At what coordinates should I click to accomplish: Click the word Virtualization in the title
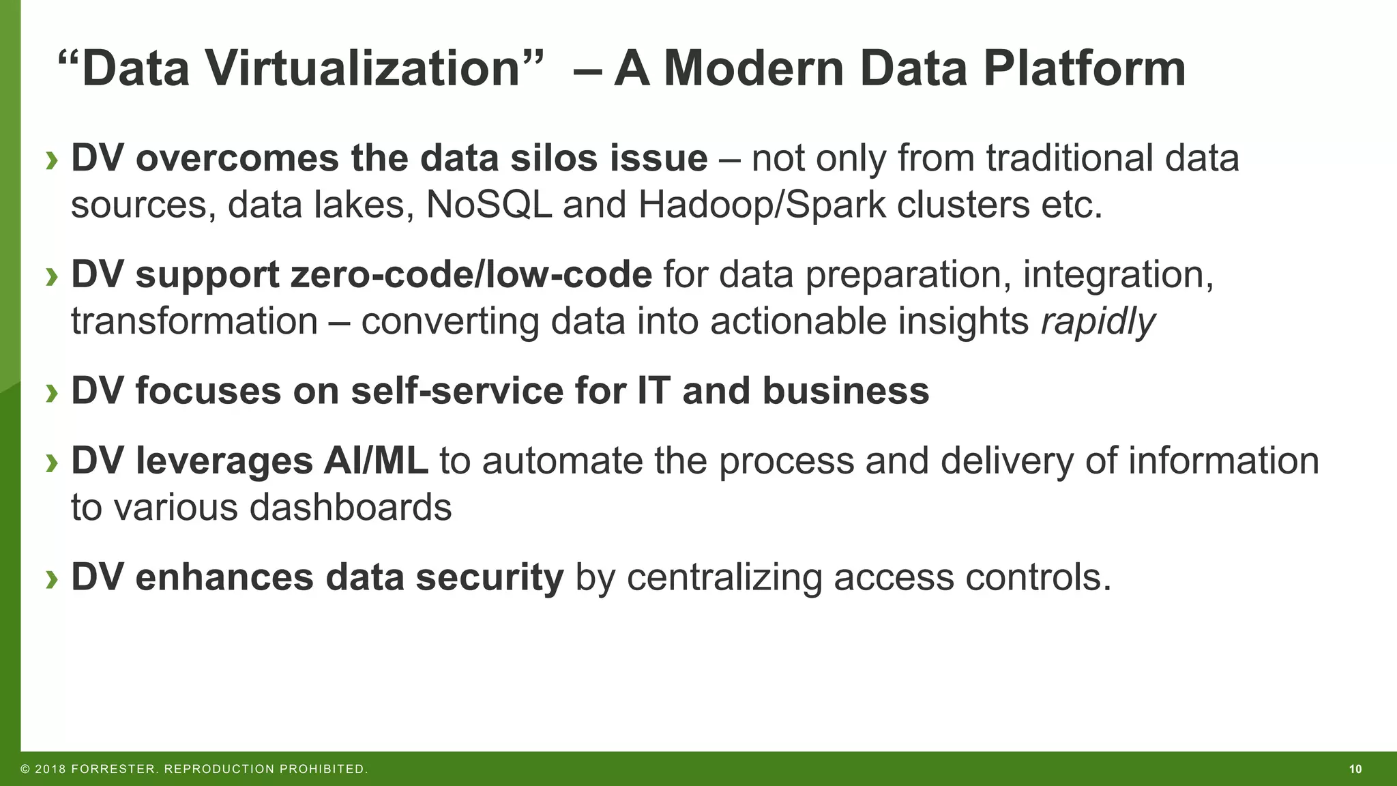[x=363, y=69]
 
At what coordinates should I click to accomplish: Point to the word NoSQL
[x=488, y=205]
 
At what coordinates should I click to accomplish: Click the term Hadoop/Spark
[x=761, y=205]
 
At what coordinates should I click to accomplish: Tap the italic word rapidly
[x=1098, y=321]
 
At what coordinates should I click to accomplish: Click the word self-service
[x=457, y=392]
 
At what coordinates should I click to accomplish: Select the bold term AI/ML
[x=376, y=461]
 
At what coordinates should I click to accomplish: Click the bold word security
[x=489, y=577]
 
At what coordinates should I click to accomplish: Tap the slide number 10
[x=1355, y=770]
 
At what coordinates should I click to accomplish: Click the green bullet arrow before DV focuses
[x=52, y=393]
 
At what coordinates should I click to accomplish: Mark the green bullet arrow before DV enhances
[x=52, y=579]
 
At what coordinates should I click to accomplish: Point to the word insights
[x=962, y=321]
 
